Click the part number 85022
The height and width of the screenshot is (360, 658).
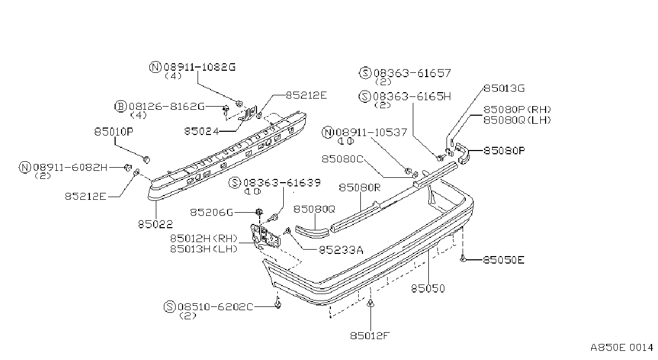155,224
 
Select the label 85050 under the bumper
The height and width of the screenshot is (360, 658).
428,289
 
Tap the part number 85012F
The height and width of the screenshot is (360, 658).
369,335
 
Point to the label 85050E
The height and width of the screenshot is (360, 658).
504,260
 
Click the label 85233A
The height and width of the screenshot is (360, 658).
341,250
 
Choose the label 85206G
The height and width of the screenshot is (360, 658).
211,212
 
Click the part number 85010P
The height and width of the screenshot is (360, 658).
114,132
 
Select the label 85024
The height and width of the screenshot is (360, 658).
201,131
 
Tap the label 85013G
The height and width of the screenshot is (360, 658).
504,88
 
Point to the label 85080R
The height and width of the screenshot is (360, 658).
360,187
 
